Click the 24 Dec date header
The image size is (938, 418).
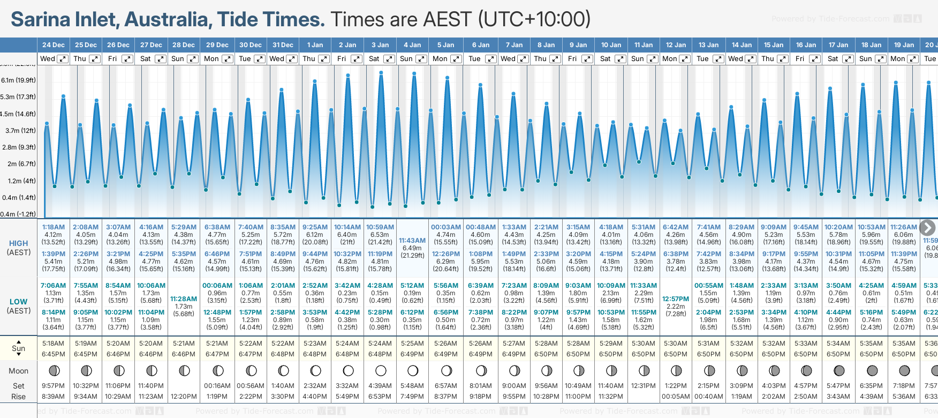tap(54, 45)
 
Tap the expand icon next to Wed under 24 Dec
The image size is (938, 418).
tap(63, 59)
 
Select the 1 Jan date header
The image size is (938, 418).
tap(315, 45)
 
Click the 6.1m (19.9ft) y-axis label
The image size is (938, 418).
tap(18, 80)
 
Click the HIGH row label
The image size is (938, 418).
tap(19, 243)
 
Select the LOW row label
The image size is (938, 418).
tap(19, 302)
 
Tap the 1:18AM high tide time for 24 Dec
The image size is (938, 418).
tap(54, 227)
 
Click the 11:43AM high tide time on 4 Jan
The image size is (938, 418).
tap(412, 241)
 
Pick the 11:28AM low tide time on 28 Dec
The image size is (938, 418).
tap(184, 299)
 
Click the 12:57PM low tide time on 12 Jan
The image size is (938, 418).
tap(676, 299)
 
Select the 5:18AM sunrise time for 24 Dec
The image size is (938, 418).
tap(54, 344)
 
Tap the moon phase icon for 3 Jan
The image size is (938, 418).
tap(381, 371)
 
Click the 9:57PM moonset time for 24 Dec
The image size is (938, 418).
tap(54, 386)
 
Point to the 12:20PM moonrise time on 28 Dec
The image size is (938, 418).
tap(184, 397)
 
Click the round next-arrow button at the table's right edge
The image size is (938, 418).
tap(927, 228)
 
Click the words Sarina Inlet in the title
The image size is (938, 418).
tap(64, 20)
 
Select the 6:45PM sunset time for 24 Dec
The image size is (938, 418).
tap(54, 354)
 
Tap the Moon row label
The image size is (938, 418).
tap(19, 371)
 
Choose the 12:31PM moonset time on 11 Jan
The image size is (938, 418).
tap(643, 386)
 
